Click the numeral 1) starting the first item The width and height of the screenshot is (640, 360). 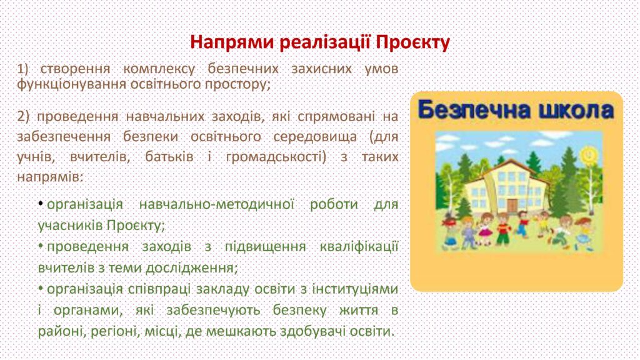point(22,69)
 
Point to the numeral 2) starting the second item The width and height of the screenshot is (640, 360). point(23,117)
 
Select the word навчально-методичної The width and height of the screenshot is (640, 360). point(217,204)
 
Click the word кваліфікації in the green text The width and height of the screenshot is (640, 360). point(359,247)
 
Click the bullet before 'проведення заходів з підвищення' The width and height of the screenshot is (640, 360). point(41,245)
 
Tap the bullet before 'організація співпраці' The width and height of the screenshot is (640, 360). point(41,287)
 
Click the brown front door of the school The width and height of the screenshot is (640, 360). point(512,205)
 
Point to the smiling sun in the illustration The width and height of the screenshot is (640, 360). point(588,154)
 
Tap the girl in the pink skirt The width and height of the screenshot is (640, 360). point(485,229)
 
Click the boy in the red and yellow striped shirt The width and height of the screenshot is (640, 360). point(502,229)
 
